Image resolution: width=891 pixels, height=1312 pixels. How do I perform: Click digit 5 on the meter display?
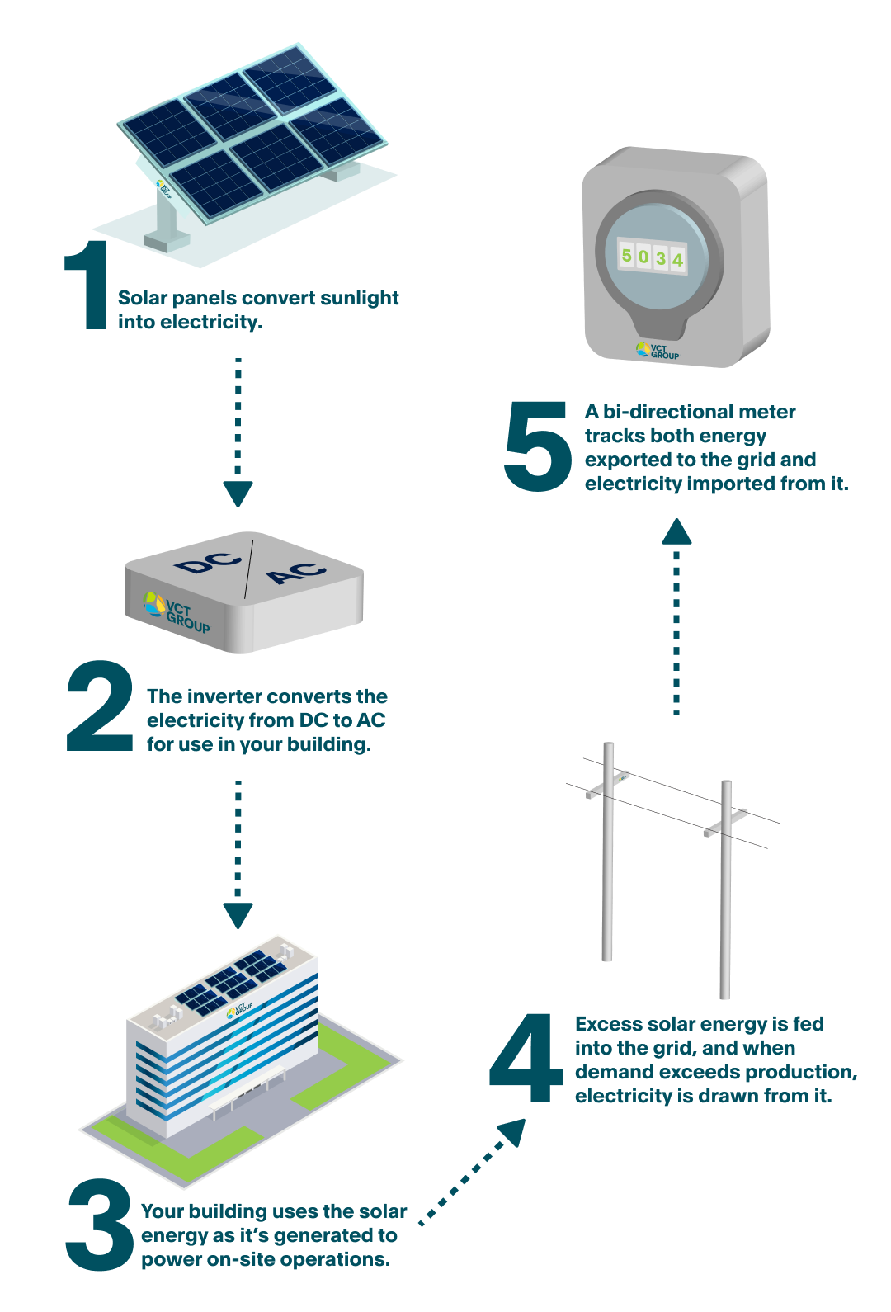[x=626, y=255]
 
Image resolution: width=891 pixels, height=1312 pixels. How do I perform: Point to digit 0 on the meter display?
[x=643, y=257]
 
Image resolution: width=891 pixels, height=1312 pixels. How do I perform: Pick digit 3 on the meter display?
[x=661, y=258]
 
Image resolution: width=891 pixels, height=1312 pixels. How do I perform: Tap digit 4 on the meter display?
[x=677, y=260]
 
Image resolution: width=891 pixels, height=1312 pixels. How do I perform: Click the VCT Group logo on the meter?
[x=658, y=351]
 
